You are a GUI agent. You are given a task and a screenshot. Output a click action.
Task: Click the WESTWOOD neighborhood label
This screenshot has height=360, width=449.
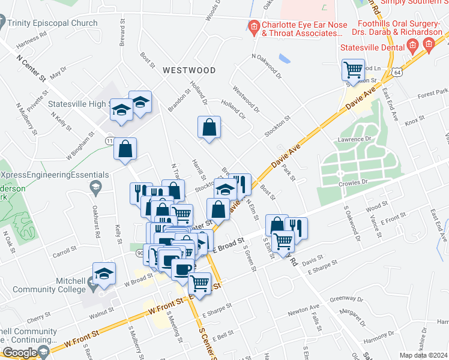(x=189, y=70)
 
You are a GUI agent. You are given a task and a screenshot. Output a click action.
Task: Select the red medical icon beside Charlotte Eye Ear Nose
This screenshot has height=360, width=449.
(x=254, y=26)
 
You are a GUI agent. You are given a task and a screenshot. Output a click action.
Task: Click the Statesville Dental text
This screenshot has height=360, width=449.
(x=369, y=46)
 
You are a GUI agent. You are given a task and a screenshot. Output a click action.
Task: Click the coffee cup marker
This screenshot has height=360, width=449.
(x=182, y=268)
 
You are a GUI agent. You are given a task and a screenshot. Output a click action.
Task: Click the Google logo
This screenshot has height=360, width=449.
(x=20, y=353)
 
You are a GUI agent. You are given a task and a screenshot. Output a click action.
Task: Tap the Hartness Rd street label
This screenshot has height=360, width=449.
(x=32, y=39)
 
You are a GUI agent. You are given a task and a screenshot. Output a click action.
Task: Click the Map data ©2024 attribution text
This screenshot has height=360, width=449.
(x=424, y=355)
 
